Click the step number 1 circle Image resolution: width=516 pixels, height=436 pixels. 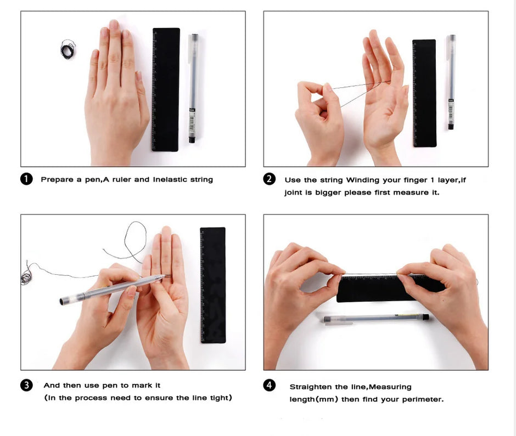click(26, 179)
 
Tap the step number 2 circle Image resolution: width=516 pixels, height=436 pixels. click(270, 179)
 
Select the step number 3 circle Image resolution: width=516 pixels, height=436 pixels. click(26, 385)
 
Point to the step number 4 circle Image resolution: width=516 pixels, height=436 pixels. click(270, 385)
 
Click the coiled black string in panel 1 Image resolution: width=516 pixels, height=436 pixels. click(68, 49)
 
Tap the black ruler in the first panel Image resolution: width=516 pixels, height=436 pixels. click(166, 89)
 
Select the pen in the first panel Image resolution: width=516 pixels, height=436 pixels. click(193, 88)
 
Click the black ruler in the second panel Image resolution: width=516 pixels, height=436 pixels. click(424, 93)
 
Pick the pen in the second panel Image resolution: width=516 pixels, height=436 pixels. click(451, 82)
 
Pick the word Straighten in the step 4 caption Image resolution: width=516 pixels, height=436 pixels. click(311, 387)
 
